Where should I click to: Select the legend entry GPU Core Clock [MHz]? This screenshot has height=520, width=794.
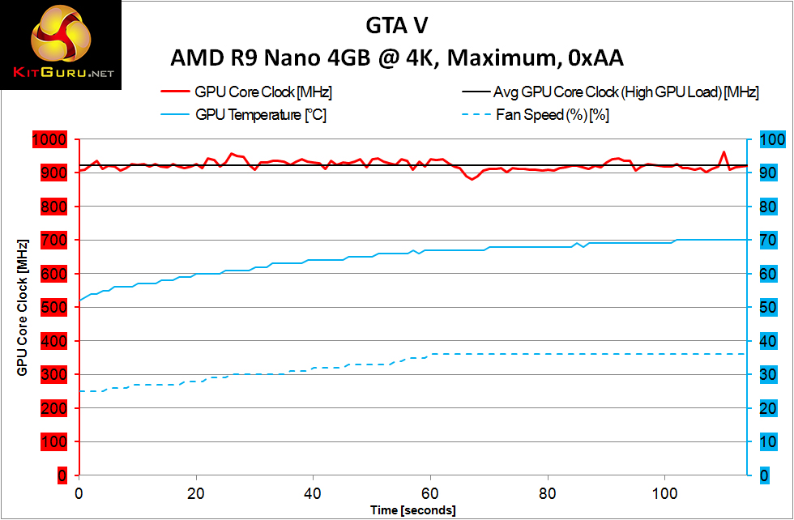(x=263, y=92)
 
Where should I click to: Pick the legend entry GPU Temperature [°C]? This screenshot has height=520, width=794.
(x=261, y=115)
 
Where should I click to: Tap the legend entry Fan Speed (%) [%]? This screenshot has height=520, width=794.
(x=553, y=115)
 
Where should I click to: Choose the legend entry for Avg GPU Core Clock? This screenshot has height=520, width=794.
(x=625, y=92)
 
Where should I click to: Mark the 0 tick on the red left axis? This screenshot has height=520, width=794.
(x=62, y=475)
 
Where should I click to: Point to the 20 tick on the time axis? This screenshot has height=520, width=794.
(x=195, y=492)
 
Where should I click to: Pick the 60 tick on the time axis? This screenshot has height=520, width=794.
(x=430, y=492)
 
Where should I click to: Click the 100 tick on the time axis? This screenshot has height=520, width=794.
(x=664, y=492)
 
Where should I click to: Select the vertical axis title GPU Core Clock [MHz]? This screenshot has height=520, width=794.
(x=23, y=307)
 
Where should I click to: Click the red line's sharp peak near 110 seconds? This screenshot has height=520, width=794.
(x=724, y=151)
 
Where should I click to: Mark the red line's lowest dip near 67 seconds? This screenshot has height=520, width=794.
(x=472, y=179)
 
